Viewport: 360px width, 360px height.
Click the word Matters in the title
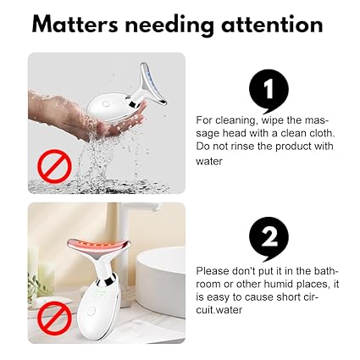click(75, 24)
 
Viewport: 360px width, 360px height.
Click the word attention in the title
click(272, 24)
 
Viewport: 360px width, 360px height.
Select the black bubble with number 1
click(269, 91)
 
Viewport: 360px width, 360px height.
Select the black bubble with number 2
click(269, 239)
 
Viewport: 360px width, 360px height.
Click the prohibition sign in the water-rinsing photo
click(55, 166)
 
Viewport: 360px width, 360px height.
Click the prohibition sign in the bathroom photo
click(55, 318)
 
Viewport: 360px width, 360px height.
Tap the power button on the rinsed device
click(106, 103)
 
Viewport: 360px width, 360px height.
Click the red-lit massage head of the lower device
click(98, 244)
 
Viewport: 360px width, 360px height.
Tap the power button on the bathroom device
click(91, 311)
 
